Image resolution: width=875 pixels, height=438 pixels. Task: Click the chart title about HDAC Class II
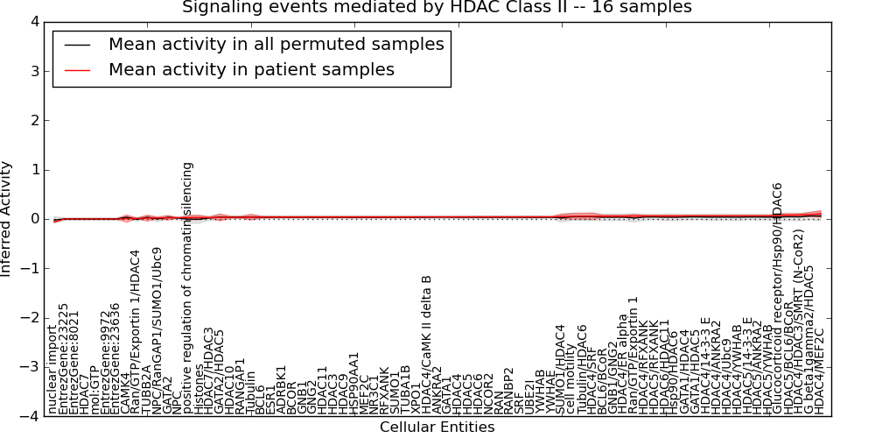[x=437, y=7]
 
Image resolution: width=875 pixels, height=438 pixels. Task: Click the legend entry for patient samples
[x=251, y=69]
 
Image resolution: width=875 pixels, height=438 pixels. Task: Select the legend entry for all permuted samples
[x=276, y=44]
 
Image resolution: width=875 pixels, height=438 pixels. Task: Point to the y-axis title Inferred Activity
[x=7, y=219]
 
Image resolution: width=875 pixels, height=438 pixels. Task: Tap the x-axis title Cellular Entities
[x=437, y=427]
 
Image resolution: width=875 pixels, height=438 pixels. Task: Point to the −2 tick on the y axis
[x=30, y=318]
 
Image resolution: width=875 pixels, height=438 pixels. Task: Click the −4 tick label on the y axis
[x=30, y=417]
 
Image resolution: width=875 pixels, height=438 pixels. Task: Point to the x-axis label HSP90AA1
[x=354, y=383]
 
